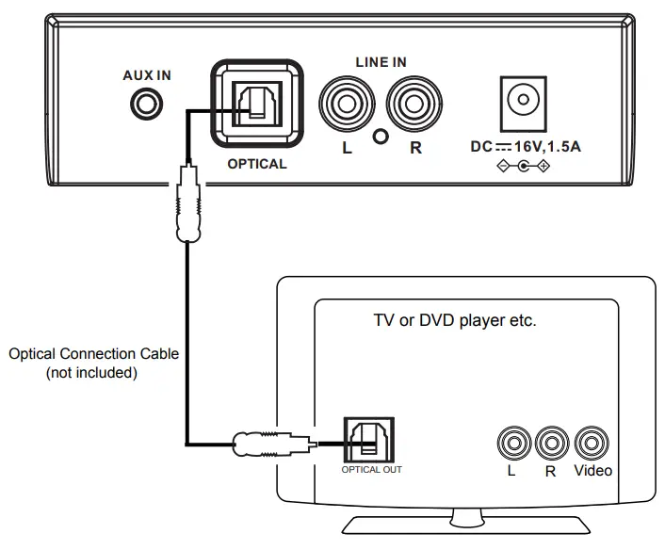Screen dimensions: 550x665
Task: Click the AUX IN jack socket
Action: tap(144, 103)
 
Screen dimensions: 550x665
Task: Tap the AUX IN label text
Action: tap(147, 75)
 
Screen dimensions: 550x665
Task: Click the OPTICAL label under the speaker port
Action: tap(257, 163)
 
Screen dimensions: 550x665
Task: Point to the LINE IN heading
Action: tap(381, 62)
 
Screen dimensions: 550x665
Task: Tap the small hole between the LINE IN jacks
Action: tap(381, 136)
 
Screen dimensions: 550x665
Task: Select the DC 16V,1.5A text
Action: tap(526, 148)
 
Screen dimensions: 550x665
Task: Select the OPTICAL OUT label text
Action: tap(371, 468)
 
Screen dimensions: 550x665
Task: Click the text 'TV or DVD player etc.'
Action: tap(455, 320)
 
